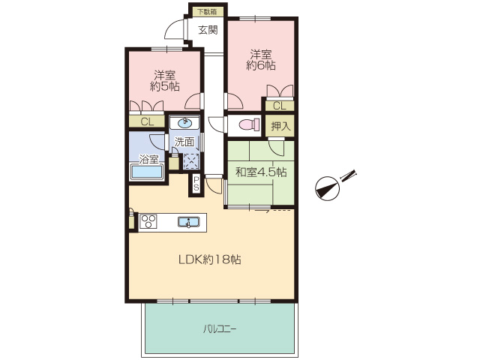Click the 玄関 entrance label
tap(208, 30)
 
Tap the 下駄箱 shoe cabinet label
tap(207, 12)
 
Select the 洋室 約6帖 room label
tap(261, 60)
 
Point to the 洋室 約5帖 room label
tap(165, 81)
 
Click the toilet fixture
tap(250, 125)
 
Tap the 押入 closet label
tap(280, 126)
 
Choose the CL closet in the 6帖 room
tap(279, 106)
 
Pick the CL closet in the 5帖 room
tap(147, 121)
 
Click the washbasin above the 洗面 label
tap(185, 123)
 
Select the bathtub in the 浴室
tap(147, 172)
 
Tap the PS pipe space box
tap(196, 184)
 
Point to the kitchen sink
tap(188, 222)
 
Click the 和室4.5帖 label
tap(261, 172)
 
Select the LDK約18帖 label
tap(210, 259)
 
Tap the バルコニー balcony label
tap(220, 329)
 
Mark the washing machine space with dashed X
tap(191, 161)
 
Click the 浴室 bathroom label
tap(149, 160)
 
